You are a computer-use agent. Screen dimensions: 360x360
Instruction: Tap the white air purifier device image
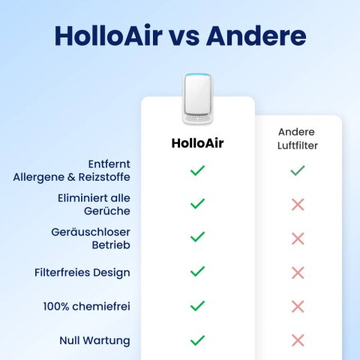(x=198, y=98)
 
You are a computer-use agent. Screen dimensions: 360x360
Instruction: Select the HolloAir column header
(x=198, y=142)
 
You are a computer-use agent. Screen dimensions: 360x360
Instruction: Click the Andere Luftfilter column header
(x=298, y=139)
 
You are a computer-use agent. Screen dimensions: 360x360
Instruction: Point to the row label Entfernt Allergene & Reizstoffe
(x=72, y=170)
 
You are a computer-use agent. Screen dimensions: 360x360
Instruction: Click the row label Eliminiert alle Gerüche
(x=94, y=204)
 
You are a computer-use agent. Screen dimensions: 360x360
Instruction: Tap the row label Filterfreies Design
(x=82, y=272)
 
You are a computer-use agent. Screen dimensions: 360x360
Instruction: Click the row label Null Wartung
(x=94, y=340)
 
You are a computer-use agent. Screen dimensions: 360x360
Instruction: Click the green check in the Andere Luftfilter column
(x=298, y=171)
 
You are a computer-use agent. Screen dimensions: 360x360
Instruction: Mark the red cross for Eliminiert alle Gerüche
(x=298, y=205)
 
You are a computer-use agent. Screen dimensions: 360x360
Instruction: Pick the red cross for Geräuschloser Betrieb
(x=298, y=238)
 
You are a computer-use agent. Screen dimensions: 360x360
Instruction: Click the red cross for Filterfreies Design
(x=298, y=272)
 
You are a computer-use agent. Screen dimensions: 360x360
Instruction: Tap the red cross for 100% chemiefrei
(x=298, y=306)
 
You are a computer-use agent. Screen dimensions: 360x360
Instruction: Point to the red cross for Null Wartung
(x=298, y=340)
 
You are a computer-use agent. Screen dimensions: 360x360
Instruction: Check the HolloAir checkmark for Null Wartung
(x=197, y=340)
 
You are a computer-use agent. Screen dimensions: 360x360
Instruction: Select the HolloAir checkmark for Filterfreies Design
(x=197, y=272)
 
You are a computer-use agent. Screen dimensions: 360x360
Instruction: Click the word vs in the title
(x=184, y=37)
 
